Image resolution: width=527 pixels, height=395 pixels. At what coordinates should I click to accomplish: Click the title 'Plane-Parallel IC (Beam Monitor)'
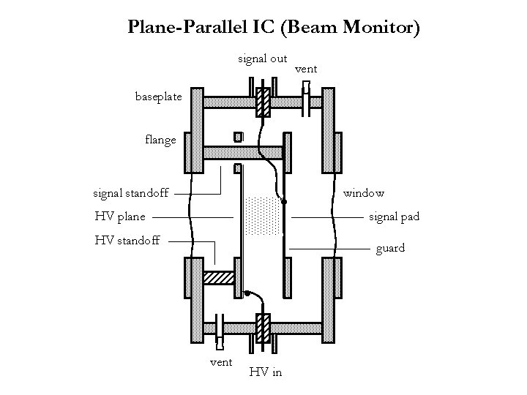pos(274,29)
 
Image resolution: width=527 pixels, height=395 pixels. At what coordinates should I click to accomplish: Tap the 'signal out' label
pos(262,59)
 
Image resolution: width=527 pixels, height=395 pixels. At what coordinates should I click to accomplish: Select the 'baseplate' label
pos(153,96)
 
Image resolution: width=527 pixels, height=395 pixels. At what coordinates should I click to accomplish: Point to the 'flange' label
pos(160,139)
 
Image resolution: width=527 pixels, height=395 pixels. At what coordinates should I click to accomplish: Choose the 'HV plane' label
pos(120,216)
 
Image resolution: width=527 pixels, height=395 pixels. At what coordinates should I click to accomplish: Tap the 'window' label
pos(364,193)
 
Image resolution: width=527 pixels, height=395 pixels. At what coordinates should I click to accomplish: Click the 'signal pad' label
pos(394,217)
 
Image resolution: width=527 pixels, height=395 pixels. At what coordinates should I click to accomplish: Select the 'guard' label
pos(390,249)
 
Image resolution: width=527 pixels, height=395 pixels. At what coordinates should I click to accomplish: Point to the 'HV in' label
pos(265,372)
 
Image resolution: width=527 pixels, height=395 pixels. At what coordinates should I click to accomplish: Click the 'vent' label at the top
pos(306,68)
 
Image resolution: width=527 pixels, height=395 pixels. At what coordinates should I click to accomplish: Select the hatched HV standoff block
pos(218,279)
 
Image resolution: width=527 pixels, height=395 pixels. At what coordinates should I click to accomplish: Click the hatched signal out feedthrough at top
pos(261,103)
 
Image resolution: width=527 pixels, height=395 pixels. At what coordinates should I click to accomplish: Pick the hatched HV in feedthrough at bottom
pos(263,326)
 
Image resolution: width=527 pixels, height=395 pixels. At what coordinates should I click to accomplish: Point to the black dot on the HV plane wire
pos(247,294)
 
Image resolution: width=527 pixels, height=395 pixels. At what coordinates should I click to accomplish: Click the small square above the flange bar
pos(237,137)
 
